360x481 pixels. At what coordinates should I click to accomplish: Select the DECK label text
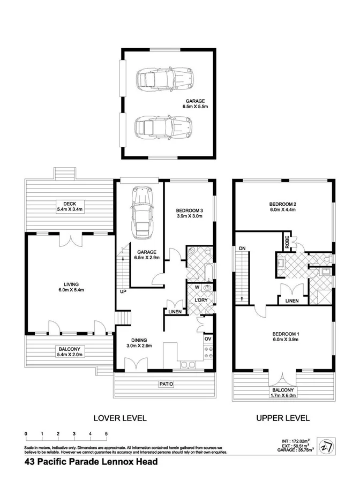[69, 204]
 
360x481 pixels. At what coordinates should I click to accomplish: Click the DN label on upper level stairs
[242, 248]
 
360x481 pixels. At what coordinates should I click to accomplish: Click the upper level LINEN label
[292, 301]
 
